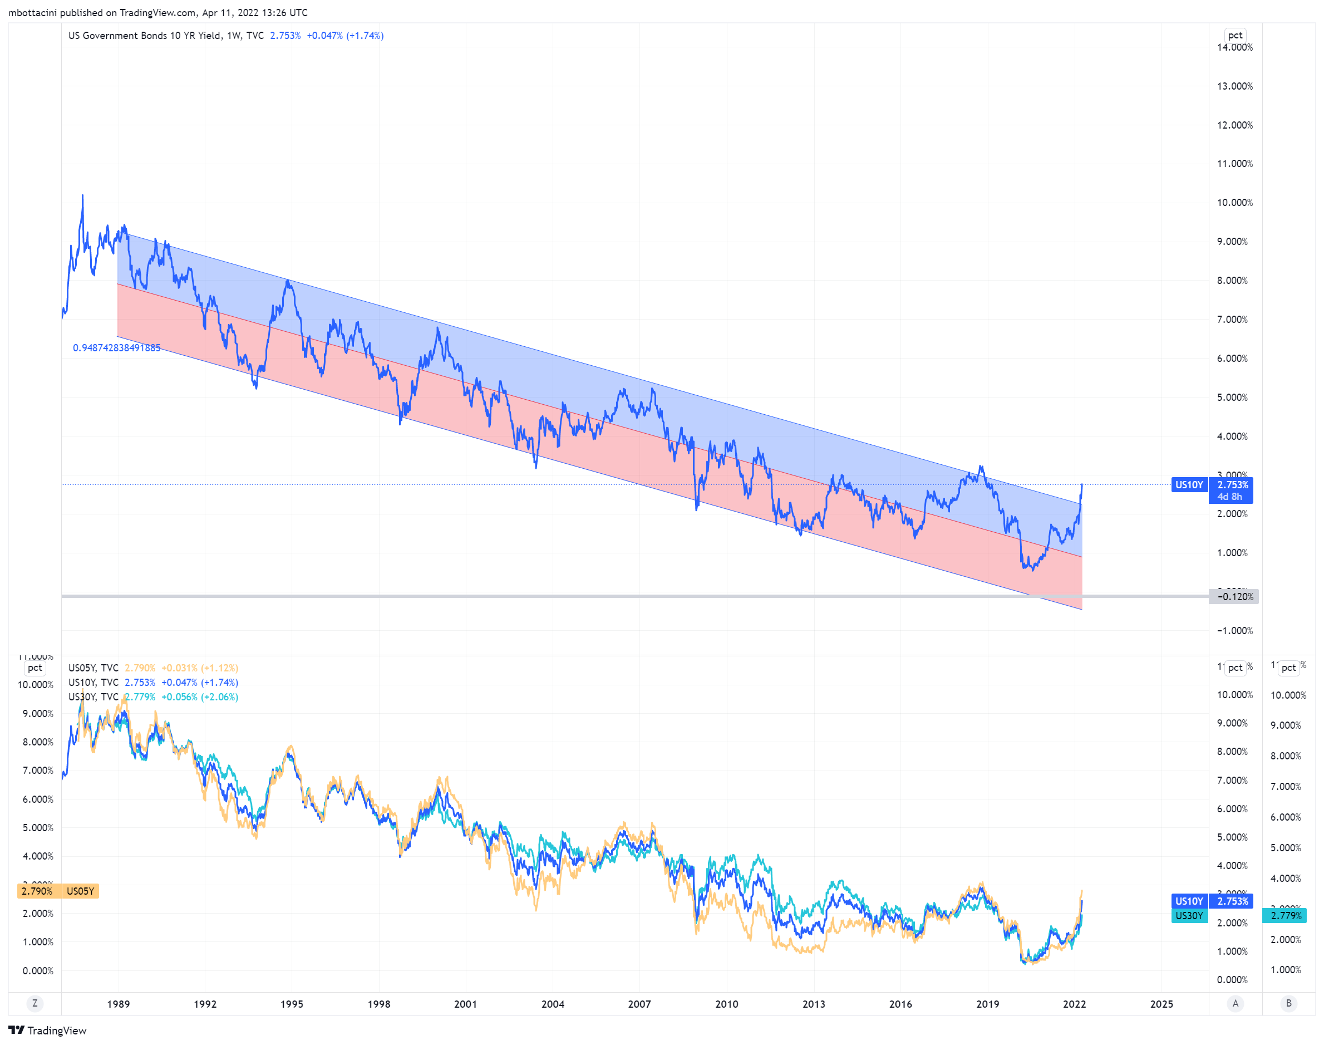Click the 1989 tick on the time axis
118,1003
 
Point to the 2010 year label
726,1003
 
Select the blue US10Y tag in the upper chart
1188,484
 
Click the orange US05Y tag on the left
80,891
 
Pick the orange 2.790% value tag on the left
37,891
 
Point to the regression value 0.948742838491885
117,347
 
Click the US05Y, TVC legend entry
93,668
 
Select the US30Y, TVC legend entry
93,697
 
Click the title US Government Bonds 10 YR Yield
145,36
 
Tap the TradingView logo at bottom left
47,1031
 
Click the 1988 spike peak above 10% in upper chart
82,197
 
